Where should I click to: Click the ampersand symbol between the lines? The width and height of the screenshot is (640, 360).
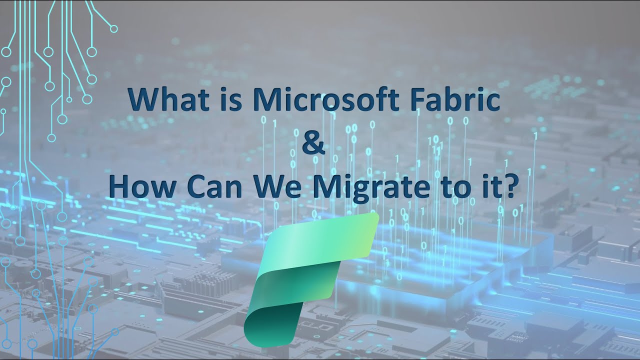[x=314, y=143]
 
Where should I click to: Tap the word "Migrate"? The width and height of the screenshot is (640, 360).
[x=369, y=188]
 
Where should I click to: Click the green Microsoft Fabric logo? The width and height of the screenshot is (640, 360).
[x=310, y=280]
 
